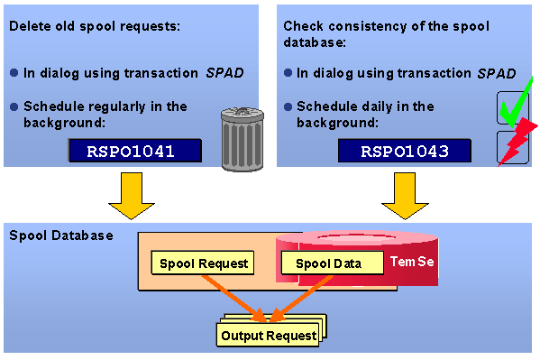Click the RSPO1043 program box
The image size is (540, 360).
[405, 151]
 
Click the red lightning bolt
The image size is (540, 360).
[517, 143]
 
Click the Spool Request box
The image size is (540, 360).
[201, 263]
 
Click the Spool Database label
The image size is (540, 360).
[60, 235]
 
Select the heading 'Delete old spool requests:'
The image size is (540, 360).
[95, 24]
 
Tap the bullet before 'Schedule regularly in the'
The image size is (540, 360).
[14, 106]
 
